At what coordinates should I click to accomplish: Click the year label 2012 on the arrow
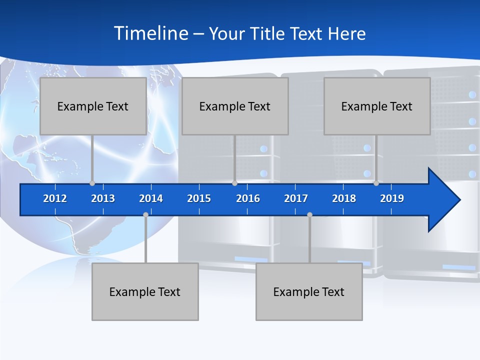click(55, 198)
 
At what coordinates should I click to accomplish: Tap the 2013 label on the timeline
click(103, 198)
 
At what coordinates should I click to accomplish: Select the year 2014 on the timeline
click(151, 198)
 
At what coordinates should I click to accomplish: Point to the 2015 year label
click(199, 198)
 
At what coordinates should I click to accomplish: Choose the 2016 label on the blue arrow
click(248, 198)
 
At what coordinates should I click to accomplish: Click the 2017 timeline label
click(296, 198)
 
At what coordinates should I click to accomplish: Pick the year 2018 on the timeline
click(344, 198)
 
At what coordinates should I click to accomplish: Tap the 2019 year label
click(392, 198)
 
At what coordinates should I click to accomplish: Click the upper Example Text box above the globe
click(93, 106)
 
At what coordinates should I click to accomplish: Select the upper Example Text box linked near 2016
click(235, 106)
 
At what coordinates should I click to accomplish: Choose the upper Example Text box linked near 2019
click(377, 106)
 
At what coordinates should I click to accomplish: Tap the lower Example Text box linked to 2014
click(145, 291)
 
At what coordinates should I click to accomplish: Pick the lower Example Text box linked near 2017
click(309, 291)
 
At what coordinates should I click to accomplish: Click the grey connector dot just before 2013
click(92, 183)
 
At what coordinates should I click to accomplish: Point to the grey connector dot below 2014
click(145, 214)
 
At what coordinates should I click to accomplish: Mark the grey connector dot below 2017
click(309, 214)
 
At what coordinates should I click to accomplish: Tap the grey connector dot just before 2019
click(376, 183)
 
